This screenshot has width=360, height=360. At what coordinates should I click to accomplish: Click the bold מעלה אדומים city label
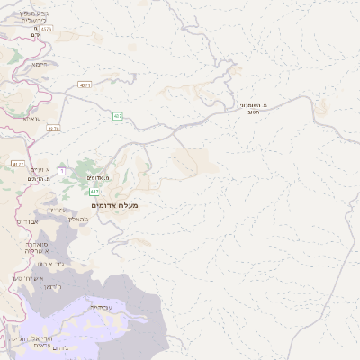pos(115,206)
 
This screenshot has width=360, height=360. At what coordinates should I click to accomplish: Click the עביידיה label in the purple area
pos(100,307)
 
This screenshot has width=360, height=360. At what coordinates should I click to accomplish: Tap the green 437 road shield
pos(118,116)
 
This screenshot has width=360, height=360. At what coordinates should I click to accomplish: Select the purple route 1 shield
pos(61,170)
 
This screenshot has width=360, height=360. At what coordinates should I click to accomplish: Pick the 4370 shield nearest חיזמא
pos(46,30)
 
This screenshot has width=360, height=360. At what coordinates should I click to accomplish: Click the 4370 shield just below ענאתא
pos(53,129)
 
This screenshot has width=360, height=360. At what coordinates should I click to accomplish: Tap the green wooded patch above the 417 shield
pos(85,171)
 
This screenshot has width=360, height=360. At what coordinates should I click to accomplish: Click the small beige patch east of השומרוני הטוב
pos(320,105)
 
